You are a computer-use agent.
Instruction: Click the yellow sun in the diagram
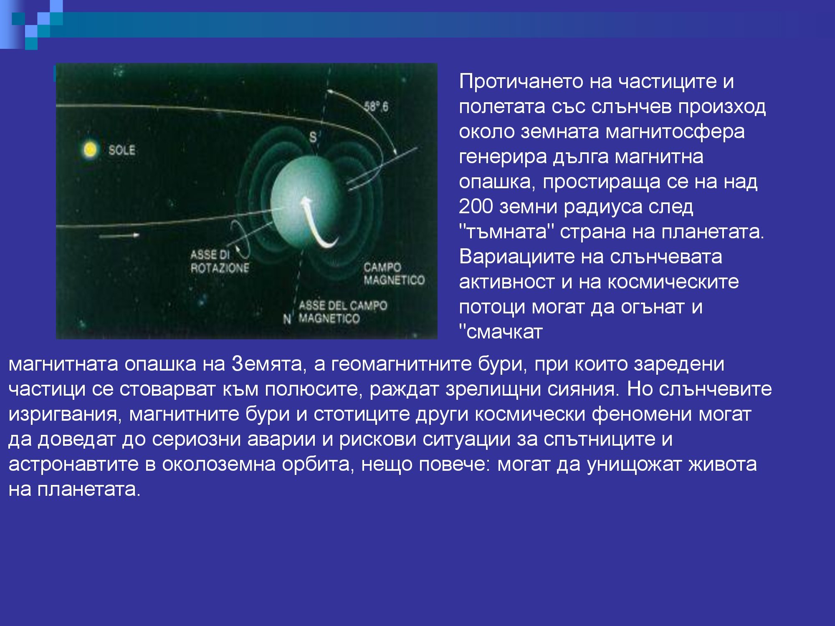point(90,149)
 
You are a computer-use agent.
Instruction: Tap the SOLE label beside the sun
point(121,150)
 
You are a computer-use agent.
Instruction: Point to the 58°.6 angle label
point(376,107)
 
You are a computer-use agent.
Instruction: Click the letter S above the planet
point(313,137)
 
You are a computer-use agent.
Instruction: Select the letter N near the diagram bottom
point(287,320)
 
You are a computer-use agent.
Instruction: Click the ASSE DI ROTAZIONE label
point(220,262)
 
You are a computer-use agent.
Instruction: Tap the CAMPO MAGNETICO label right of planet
point(393,274)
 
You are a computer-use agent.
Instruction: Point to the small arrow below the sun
point(119,236)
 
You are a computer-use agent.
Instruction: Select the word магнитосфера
point(675,131)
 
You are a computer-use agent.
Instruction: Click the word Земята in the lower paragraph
point(266,364)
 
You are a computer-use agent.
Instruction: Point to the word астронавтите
point(73,464)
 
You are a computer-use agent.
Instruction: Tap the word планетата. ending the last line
point(89,489)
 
